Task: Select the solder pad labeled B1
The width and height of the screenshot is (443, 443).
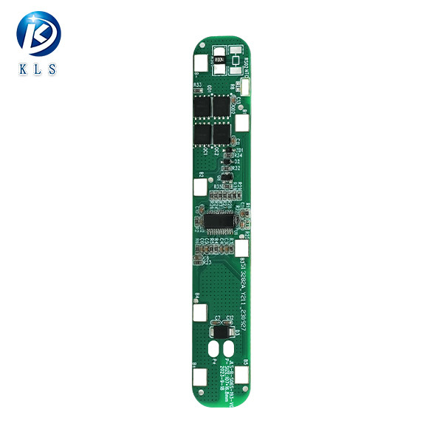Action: tap(200, 377)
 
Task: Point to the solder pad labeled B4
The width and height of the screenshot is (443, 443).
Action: tap(200, 312)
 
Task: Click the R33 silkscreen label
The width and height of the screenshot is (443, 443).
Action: tap(197, 86)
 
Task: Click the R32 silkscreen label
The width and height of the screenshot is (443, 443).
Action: tap(237, 168)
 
